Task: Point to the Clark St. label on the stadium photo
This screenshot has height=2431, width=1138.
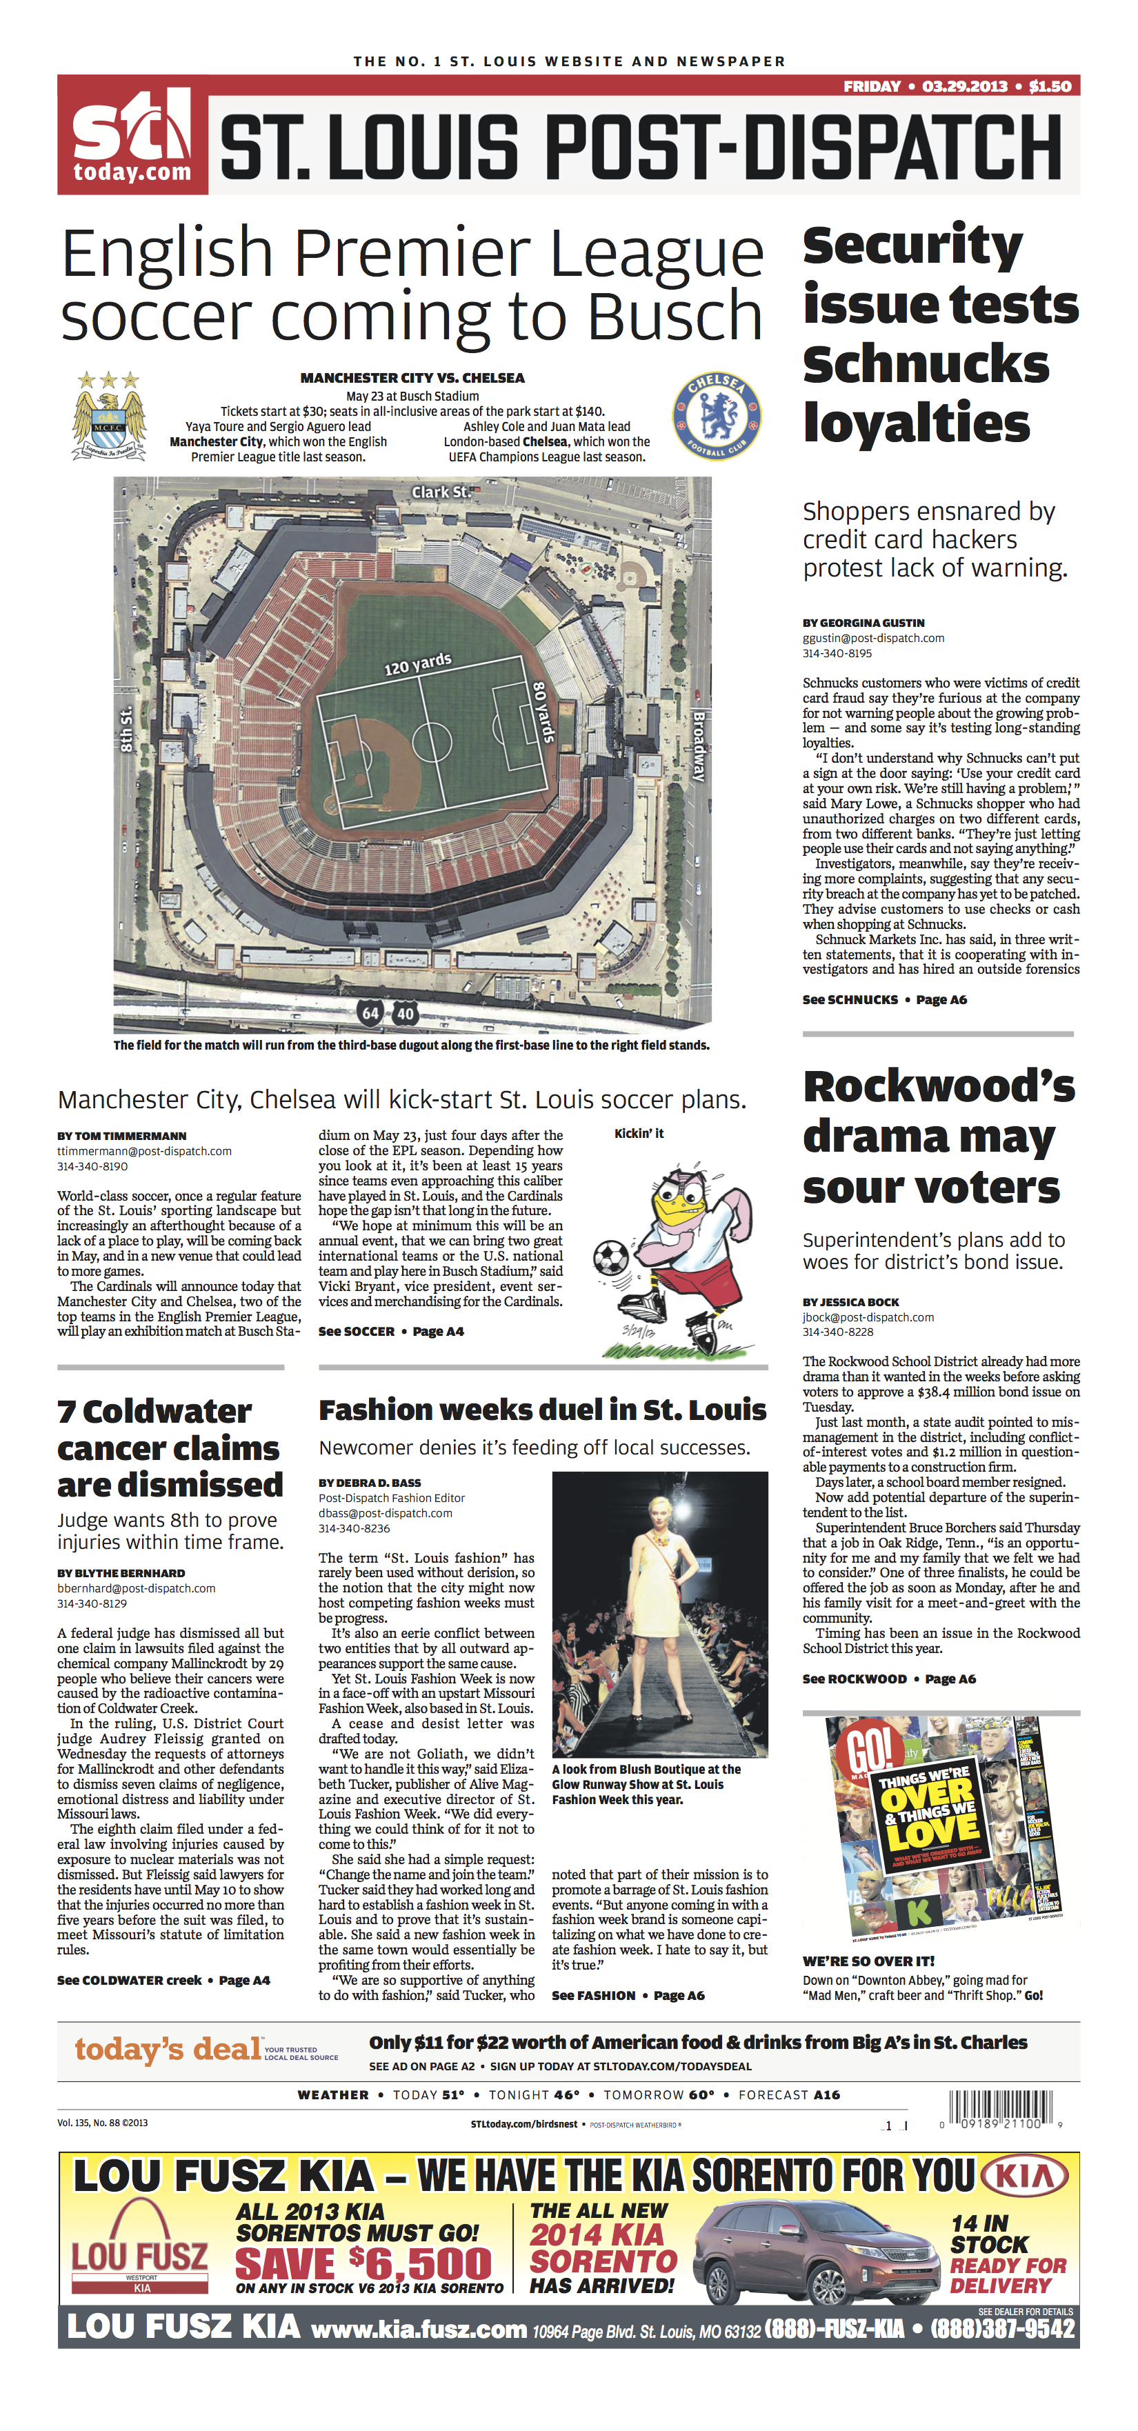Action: [441, 492]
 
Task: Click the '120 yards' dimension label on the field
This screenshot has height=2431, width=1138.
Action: [417, 664]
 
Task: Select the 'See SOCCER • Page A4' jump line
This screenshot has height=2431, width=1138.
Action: [390, 1332]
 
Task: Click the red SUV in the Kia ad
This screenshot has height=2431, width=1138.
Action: [816, 2254]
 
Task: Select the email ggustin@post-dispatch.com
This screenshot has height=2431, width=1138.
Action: [873, 638]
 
